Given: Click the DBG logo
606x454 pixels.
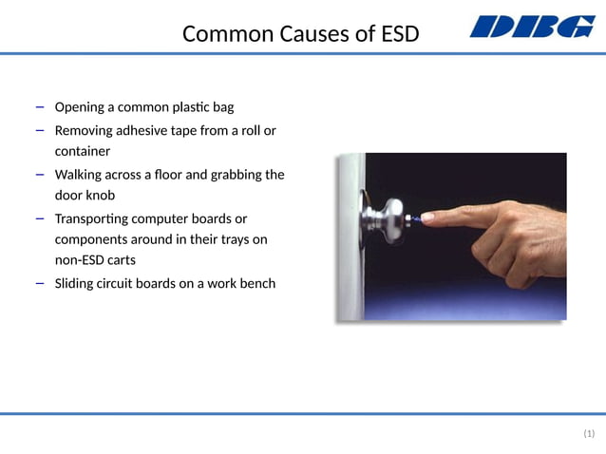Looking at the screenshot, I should click(532, 27).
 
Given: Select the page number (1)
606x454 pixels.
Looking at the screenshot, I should click(588, 434).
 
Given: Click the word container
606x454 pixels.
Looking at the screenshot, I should click(83, 151).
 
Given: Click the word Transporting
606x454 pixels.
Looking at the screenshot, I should click(94, 218).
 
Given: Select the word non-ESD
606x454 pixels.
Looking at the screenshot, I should click(83, 260).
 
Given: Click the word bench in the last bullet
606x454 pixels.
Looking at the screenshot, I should click(256, 283).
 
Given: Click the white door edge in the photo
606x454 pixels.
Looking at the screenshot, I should click(350, 237).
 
